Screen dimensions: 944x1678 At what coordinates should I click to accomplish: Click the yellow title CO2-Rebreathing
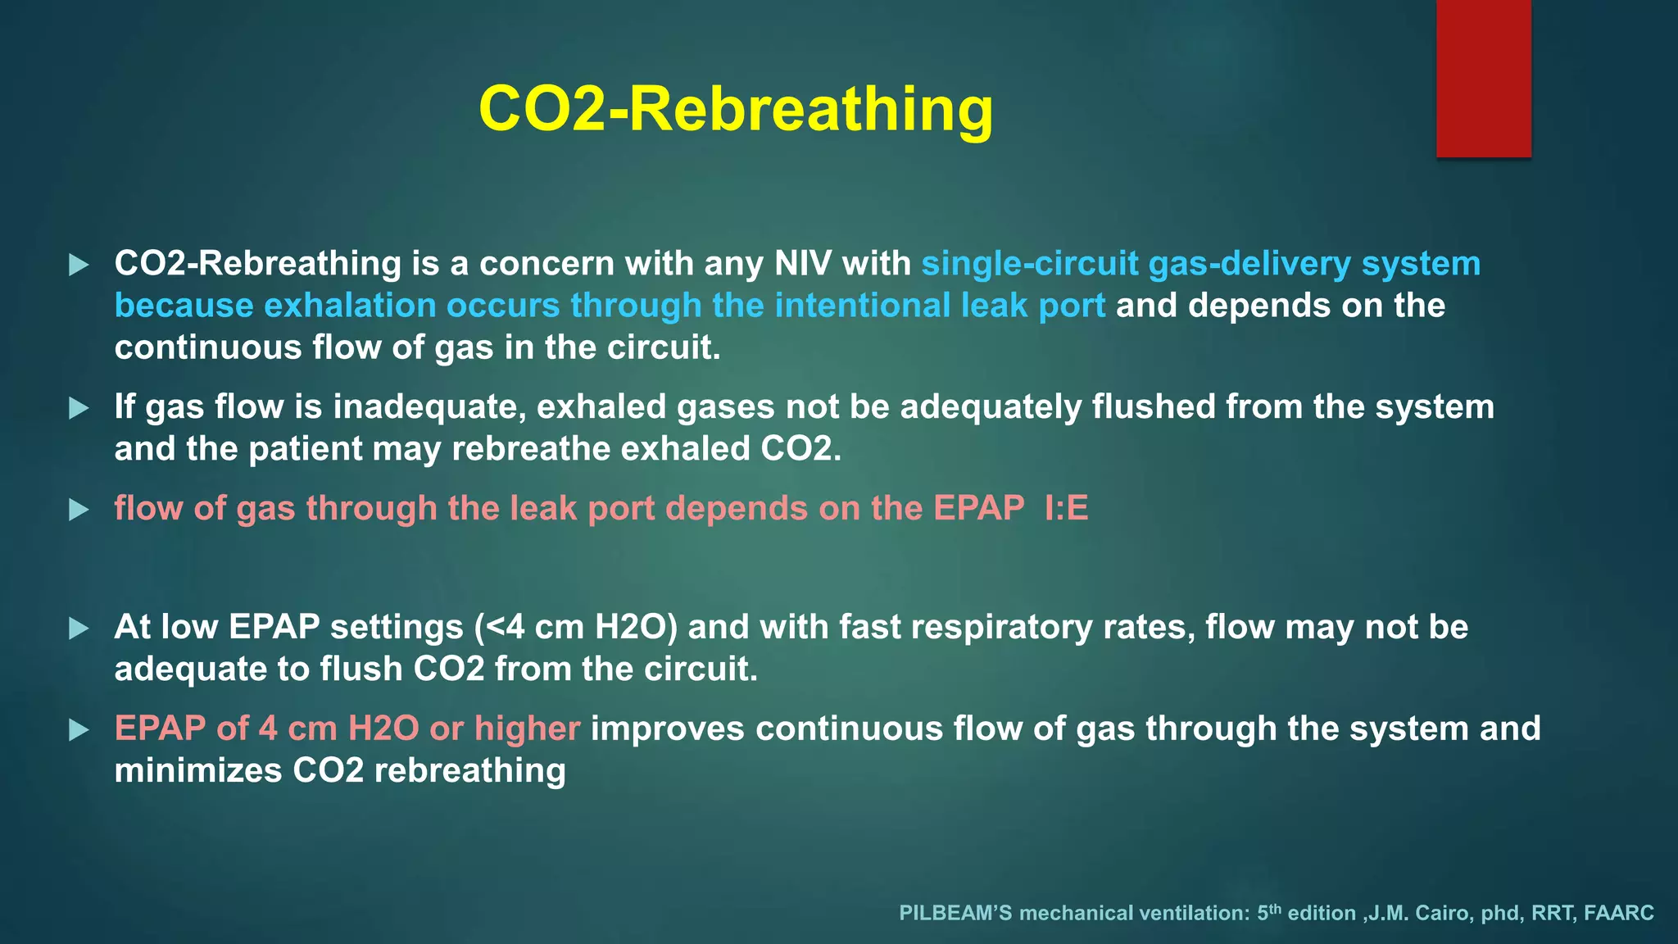(735, 109)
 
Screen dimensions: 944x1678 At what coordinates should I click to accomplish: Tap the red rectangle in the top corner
(1483, 78)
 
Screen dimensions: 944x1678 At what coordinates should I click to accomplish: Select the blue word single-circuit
(1029, 264)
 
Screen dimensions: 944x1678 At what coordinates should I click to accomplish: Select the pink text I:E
(1066, 509)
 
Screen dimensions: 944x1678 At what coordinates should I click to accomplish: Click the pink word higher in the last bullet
(527, 729)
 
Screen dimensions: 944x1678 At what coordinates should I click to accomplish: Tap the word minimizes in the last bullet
(197, 771)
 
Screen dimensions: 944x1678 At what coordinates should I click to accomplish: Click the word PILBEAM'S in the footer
(955, 914)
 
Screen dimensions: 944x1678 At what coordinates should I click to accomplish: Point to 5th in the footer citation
(1268, 912)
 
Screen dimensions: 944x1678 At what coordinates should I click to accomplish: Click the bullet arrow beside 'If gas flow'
(79, 408)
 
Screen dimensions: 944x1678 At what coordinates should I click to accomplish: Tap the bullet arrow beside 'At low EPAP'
(79, 629)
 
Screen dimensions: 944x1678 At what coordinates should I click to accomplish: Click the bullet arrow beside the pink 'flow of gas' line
(79, 510)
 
